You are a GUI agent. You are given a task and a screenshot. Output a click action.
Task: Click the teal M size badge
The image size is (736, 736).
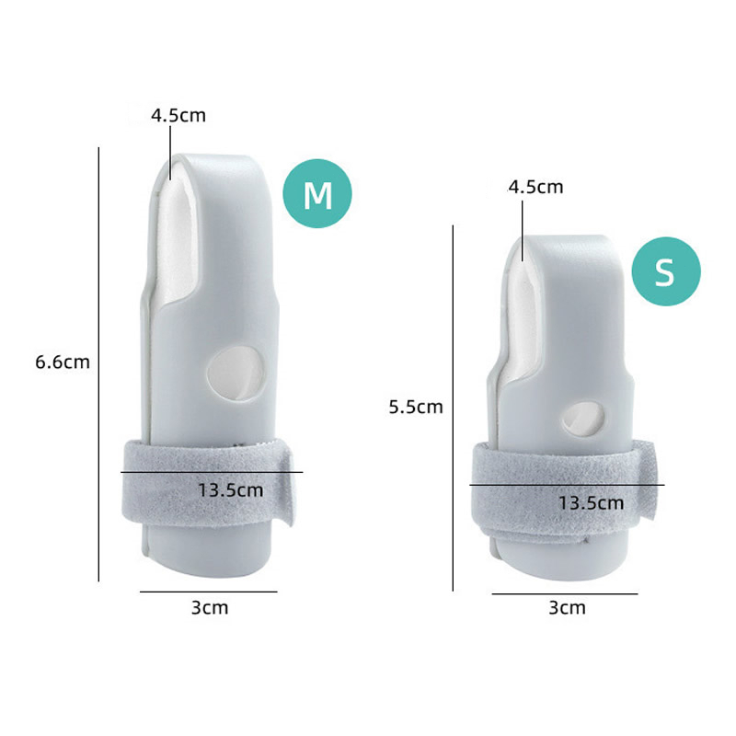[x=317, y=193]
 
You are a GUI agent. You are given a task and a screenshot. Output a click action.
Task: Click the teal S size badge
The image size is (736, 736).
[x=666, y=271]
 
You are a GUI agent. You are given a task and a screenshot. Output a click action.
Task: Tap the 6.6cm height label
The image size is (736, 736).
[x=63, y=362]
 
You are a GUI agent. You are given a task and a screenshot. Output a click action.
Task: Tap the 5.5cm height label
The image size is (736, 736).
[x=416, y=407]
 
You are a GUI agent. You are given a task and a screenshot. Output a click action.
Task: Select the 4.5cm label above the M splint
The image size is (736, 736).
[x=178, y=115]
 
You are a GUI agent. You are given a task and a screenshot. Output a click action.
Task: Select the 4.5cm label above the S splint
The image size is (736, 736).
[x=535, y=187]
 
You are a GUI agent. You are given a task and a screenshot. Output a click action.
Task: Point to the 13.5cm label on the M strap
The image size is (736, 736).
[x=231, y=490]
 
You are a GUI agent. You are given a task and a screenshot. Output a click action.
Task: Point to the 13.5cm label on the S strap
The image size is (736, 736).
[x=591, y=502]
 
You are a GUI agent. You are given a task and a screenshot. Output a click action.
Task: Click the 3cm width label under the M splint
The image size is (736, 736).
[x=210, y=607]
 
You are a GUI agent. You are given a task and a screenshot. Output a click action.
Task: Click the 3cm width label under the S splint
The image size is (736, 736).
[x=567, y=607]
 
